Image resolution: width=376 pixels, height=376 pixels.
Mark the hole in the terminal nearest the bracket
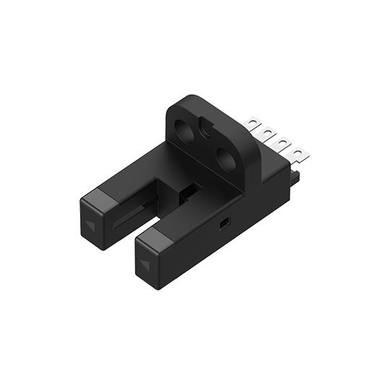pos(254,124)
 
